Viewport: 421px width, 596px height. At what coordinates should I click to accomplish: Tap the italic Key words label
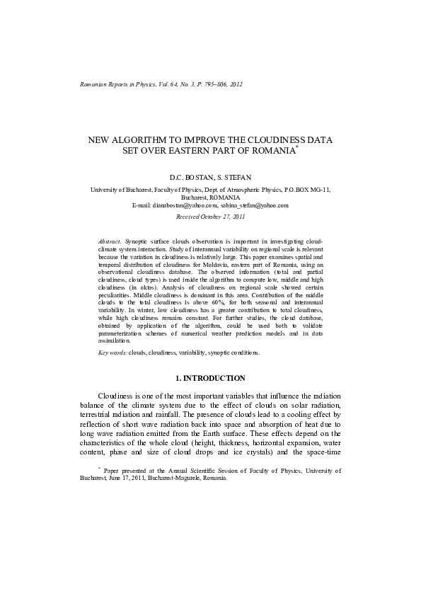(113, 352)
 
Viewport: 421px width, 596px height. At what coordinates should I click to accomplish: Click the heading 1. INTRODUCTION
(210, 379)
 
